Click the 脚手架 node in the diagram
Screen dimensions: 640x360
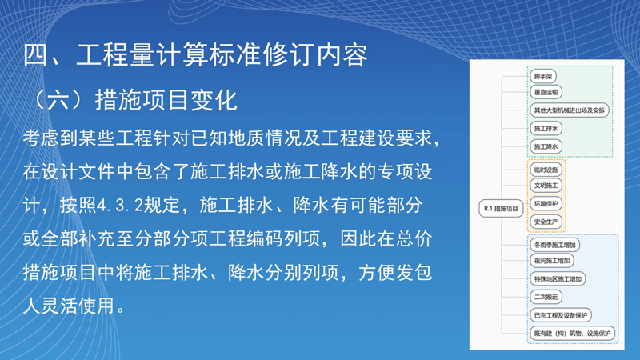tap(543, 76)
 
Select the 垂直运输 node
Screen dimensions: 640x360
tap(546, 92)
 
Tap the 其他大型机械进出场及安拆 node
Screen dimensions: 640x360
tap(570, 110)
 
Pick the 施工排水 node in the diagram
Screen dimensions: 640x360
tap(546, 129)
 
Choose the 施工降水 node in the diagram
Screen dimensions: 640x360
tap(546, 146)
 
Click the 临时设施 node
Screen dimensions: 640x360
tap(546, 170)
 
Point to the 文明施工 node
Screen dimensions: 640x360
tap(546, 186)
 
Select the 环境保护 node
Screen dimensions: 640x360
tap(546, 204)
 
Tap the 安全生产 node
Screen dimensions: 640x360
tap(546, 222)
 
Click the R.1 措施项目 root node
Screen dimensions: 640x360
tap(501, 209)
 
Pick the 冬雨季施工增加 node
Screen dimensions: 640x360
tap(554, 245)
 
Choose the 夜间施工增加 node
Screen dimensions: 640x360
tap(552, 261)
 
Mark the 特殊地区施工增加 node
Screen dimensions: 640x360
tap(558, 279)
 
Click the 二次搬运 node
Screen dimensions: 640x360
tap(546, 297)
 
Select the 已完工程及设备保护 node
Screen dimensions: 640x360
tap(561, 315)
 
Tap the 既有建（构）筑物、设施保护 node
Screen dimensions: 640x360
tap(572, 334)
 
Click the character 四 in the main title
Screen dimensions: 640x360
tap(36, 54)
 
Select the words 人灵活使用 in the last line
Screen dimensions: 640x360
tap(69, 306)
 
